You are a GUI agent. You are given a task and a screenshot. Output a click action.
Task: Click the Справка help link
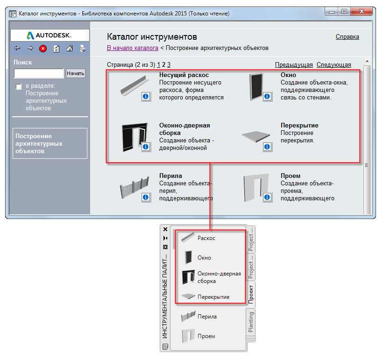347,37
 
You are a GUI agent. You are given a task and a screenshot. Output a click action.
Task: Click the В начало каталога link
132,48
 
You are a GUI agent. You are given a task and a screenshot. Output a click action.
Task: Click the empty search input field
39,73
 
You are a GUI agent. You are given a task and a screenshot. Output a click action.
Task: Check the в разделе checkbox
19,86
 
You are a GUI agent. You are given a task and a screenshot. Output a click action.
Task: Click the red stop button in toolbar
43,49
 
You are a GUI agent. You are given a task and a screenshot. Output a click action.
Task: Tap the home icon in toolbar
70,49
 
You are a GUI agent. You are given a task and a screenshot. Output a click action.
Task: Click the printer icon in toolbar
83,49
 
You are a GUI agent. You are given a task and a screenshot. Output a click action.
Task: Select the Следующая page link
333,65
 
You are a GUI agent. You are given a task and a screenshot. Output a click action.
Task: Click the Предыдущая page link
294,65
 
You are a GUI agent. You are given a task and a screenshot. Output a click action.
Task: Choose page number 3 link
169,65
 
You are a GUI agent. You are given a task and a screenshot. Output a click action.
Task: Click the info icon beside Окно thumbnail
267,97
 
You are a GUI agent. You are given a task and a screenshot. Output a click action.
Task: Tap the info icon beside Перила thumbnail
146,197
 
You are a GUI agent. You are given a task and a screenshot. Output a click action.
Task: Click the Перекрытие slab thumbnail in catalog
256,136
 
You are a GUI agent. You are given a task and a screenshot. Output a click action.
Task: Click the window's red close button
362,12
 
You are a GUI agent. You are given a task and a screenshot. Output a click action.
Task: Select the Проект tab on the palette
251,294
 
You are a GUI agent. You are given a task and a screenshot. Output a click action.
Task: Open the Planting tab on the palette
251,322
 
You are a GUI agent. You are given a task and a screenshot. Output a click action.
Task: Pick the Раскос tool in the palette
199,238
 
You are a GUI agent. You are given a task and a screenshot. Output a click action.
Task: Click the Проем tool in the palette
199,336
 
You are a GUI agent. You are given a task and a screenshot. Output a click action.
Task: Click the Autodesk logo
49,35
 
